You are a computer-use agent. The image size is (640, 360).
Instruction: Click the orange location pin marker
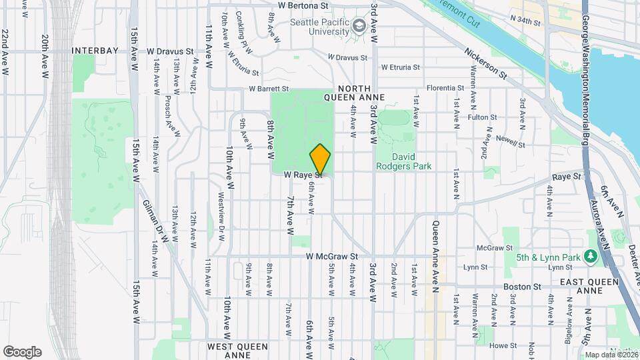click(x=321, y=159)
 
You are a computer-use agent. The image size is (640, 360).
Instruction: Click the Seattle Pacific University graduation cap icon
click(x=360, y=26)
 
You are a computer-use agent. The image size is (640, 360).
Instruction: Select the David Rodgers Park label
click(x=403, y=161)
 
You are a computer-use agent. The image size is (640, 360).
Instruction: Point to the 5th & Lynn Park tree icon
click(x=589, y=256)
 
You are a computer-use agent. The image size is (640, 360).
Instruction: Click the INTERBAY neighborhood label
click(x=95, y=51)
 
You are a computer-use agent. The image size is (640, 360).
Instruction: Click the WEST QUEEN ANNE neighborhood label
click(x=237, y=351)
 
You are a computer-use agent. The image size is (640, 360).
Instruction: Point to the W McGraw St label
click(x=333, y=256)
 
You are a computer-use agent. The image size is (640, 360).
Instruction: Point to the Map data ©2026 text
click(x=611, y=355)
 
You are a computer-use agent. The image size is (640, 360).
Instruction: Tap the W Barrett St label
click(x=269, y=88)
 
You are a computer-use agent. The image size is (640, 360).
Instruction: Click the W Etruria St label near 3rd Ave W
click(x=400, y=67)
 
